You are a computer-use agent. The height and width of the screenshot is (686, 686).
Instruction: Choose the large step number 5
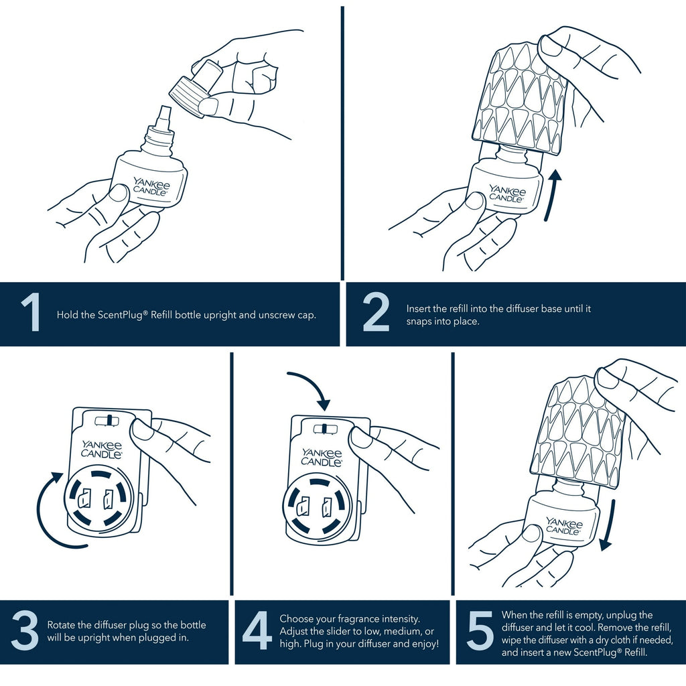click(480, 630)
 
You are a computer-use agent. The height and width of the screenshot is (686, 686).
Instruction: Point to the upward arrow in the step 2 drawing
click(552, 196)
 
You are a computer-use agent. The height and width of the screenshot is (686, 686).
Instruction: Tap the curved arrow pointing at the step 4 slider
click(314, 385)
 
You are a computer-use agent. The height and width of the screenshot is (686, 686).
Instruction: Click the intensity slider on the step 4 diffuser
click(326, 428)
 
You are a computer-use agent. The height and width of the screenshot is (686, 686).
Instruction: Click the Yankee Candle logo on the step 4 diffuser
click(322, 457)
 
